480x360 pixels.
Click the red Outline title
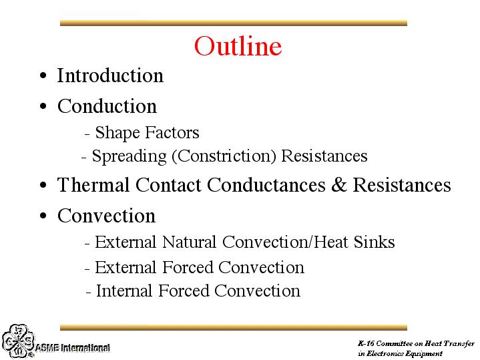238,46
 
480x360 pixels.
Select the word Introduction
111,75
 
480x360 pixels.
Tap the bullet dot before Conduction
43,106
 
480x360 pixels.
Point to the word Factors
172,132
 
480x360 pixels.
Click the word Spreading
130,156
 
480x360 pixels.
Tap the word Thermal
93,185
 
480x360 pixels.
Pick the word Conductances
266,185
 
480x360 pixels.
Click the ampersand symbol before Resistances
339,185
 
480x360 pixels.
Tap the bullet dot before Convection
43,216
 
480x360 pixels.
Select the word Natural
190,242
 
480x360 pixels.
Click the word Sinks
375,242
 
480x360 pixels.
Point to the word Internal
124,291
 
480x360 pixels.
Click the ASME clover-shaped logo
18,341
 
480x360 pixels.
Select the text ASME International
73,348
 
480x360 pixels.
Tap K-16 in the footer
366,343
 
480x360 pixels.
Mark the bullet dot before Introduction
43,75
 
